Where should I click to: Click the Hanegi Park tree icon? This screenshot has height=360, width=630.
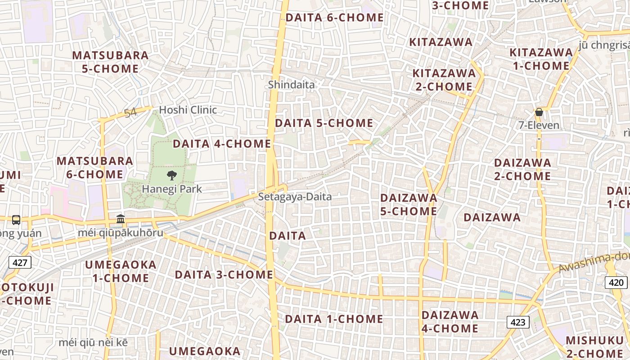click(x=171, y=175)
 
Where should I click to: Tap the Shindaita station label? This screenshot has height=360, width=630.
click(x=291, y=84)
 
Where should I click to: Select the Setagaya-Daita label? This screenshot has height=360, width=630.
click(x=295, y=197)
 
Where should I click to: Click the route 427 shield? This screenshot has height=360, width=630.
click(x=19, y=262)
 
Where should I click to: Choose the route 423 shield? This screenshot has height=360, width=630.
click(x=518, y=322)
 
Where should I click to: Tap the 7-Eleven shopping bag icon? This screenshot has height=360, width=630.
click(x=539, y=112)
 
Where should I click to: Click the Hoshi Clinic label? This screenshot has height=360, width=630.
click(x=188, y=110)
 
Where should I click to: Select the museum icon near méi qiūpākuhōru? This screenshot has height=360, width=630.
click(x=121, y=219)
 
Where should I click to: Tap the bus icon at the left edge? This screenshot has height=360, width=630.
click(x=16, y=220)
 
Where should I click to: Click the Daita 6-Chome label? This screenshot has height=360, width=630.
click(x=334, y=18)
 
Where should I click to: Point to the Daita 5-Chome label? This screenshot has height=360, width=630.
click(x=324, y=123)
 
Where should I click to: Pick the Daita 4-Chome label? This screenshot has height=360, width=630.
click(x=222, y=144)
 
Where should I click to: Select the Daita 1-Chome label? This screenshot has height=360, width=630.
click(x=334, y=319)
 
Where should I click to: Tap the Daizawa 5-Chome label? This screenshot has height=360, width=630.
click(x=409, y=204)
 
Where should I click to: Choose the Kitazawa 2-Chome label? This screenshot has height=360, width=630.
click(x=444, y=80)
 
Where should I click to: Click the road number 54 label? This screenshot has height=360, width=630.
click(x=130, y=112)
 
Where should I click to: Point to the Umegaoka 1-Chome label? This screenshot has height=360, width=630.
click(x=121, y=271)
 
